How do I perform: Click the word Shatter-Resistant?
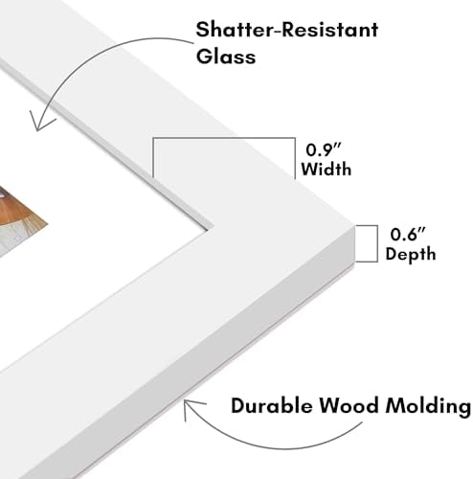point(287,30)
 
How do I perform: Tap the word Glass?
point(226,57)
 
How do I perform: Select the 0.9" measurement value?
point(324,149)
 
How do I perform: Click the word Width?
point(327,169)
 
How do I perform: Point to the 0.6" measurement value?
point(408,234)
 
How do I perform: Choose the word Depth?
point(411,254)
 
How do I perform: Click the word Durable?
point(272,405)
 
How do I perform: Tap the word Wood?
point(349,405)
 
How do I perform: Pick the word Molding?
point(428,406)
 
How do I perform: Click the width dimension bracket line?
point(224,138)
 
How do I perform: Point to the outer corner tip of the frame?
point(354,227)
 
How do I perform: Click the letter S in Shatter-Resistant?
point(203,30)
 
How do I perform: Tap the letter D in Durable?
point(239,405)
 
